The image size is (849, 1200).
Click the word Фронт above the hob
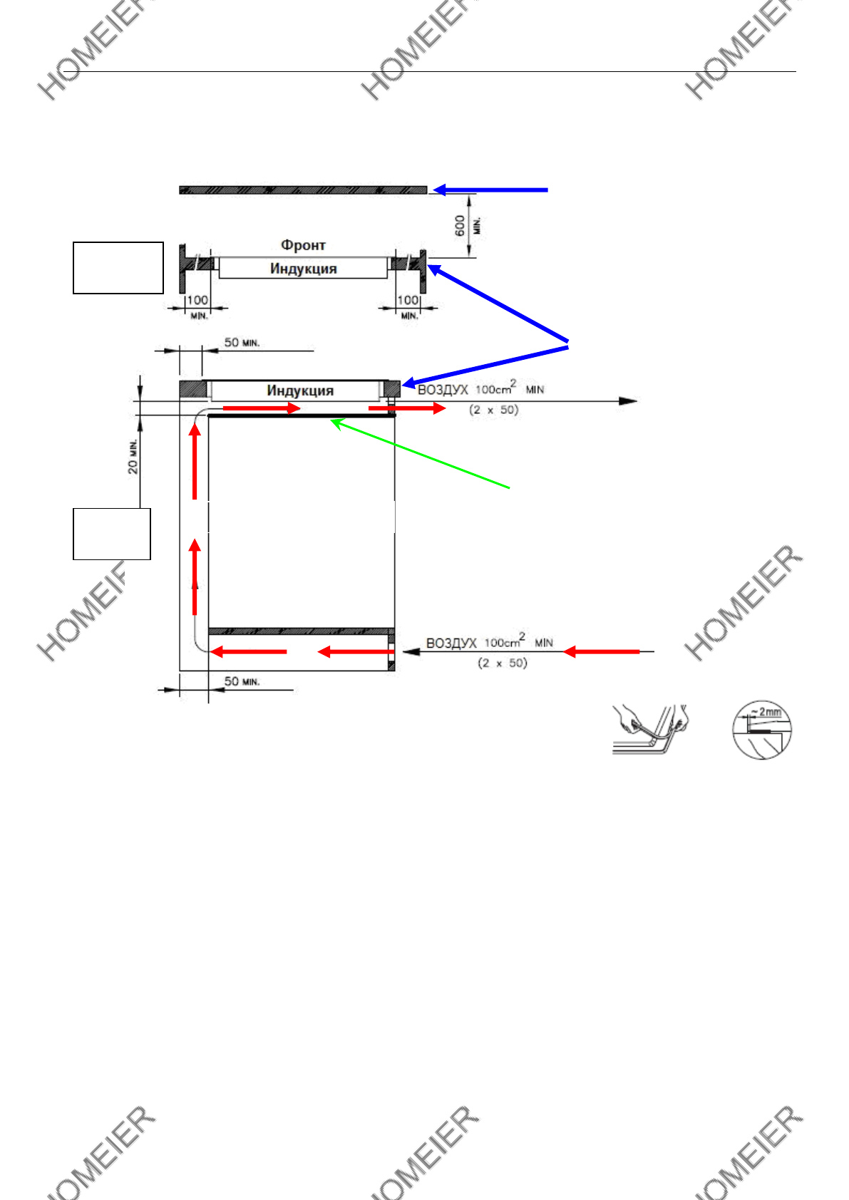(303, 245)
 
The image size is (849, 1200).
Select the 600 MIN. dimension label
(467, 226)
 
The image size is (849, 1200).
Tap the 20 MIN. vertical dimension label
(133, 457)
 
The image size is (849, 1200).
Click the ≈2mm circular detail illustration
(762, 729)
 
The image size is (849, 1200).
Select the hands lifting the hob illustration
(649, 729)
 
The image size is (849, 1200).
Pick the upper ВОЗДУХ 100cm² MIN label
(480, 390)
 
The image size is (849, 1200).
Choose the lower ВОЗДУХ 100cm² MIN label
(489, 642)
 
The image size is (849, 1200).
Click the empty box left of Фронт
(118, 268)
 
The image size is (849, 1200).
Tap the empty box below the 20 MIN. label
(112, 534)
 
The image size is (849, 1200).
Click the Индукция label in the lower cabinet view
(300, 390)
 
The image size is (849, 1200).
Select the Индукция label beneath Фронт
(303, 269)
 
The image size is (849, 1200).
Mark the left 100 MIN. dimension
(197, 306)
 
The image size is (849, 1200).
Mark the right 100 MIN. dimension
(408, 306)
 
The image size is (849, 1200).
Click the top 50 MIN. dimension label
(242, 343)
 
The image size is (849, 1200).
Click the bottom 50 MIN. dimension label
(242, 682)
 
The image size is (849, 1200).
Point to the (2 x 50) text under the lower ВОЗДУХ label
(502, 663)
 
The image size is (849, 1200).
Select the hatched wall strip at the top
(303, 190)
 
